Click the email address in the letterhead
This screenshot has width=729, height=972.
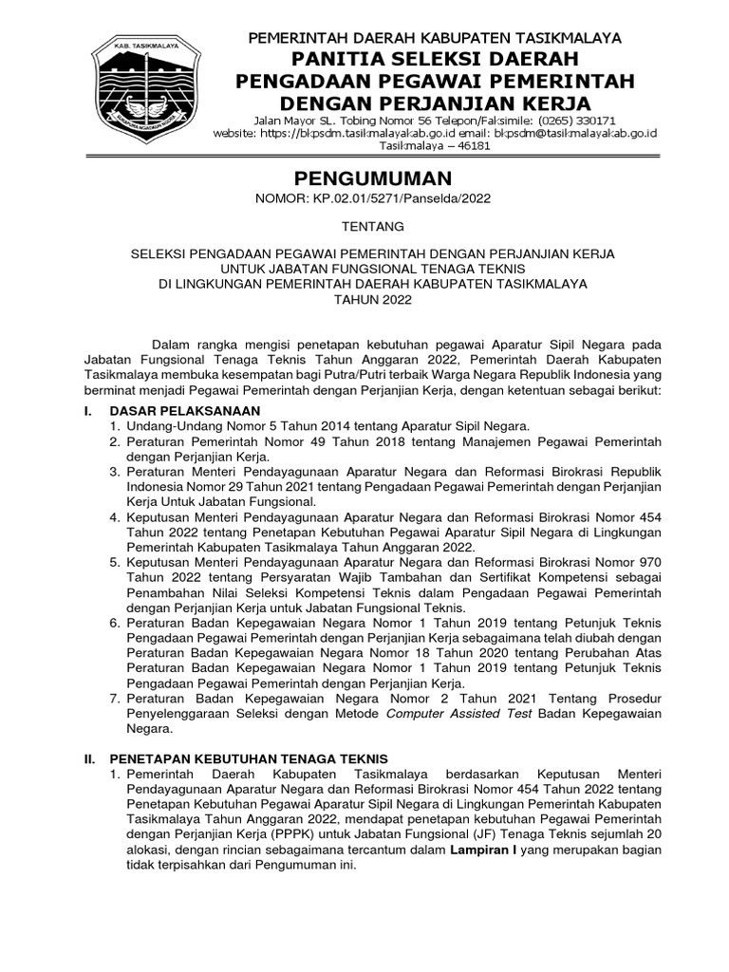[580, 134]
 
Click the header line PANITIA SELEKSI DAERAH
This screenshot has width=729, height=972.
[434, 60]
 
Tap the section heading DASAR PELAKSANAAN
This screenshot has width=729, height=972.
[185, 410]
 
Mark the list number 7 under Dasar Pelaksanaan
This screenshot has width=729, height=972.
[113, 699]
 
